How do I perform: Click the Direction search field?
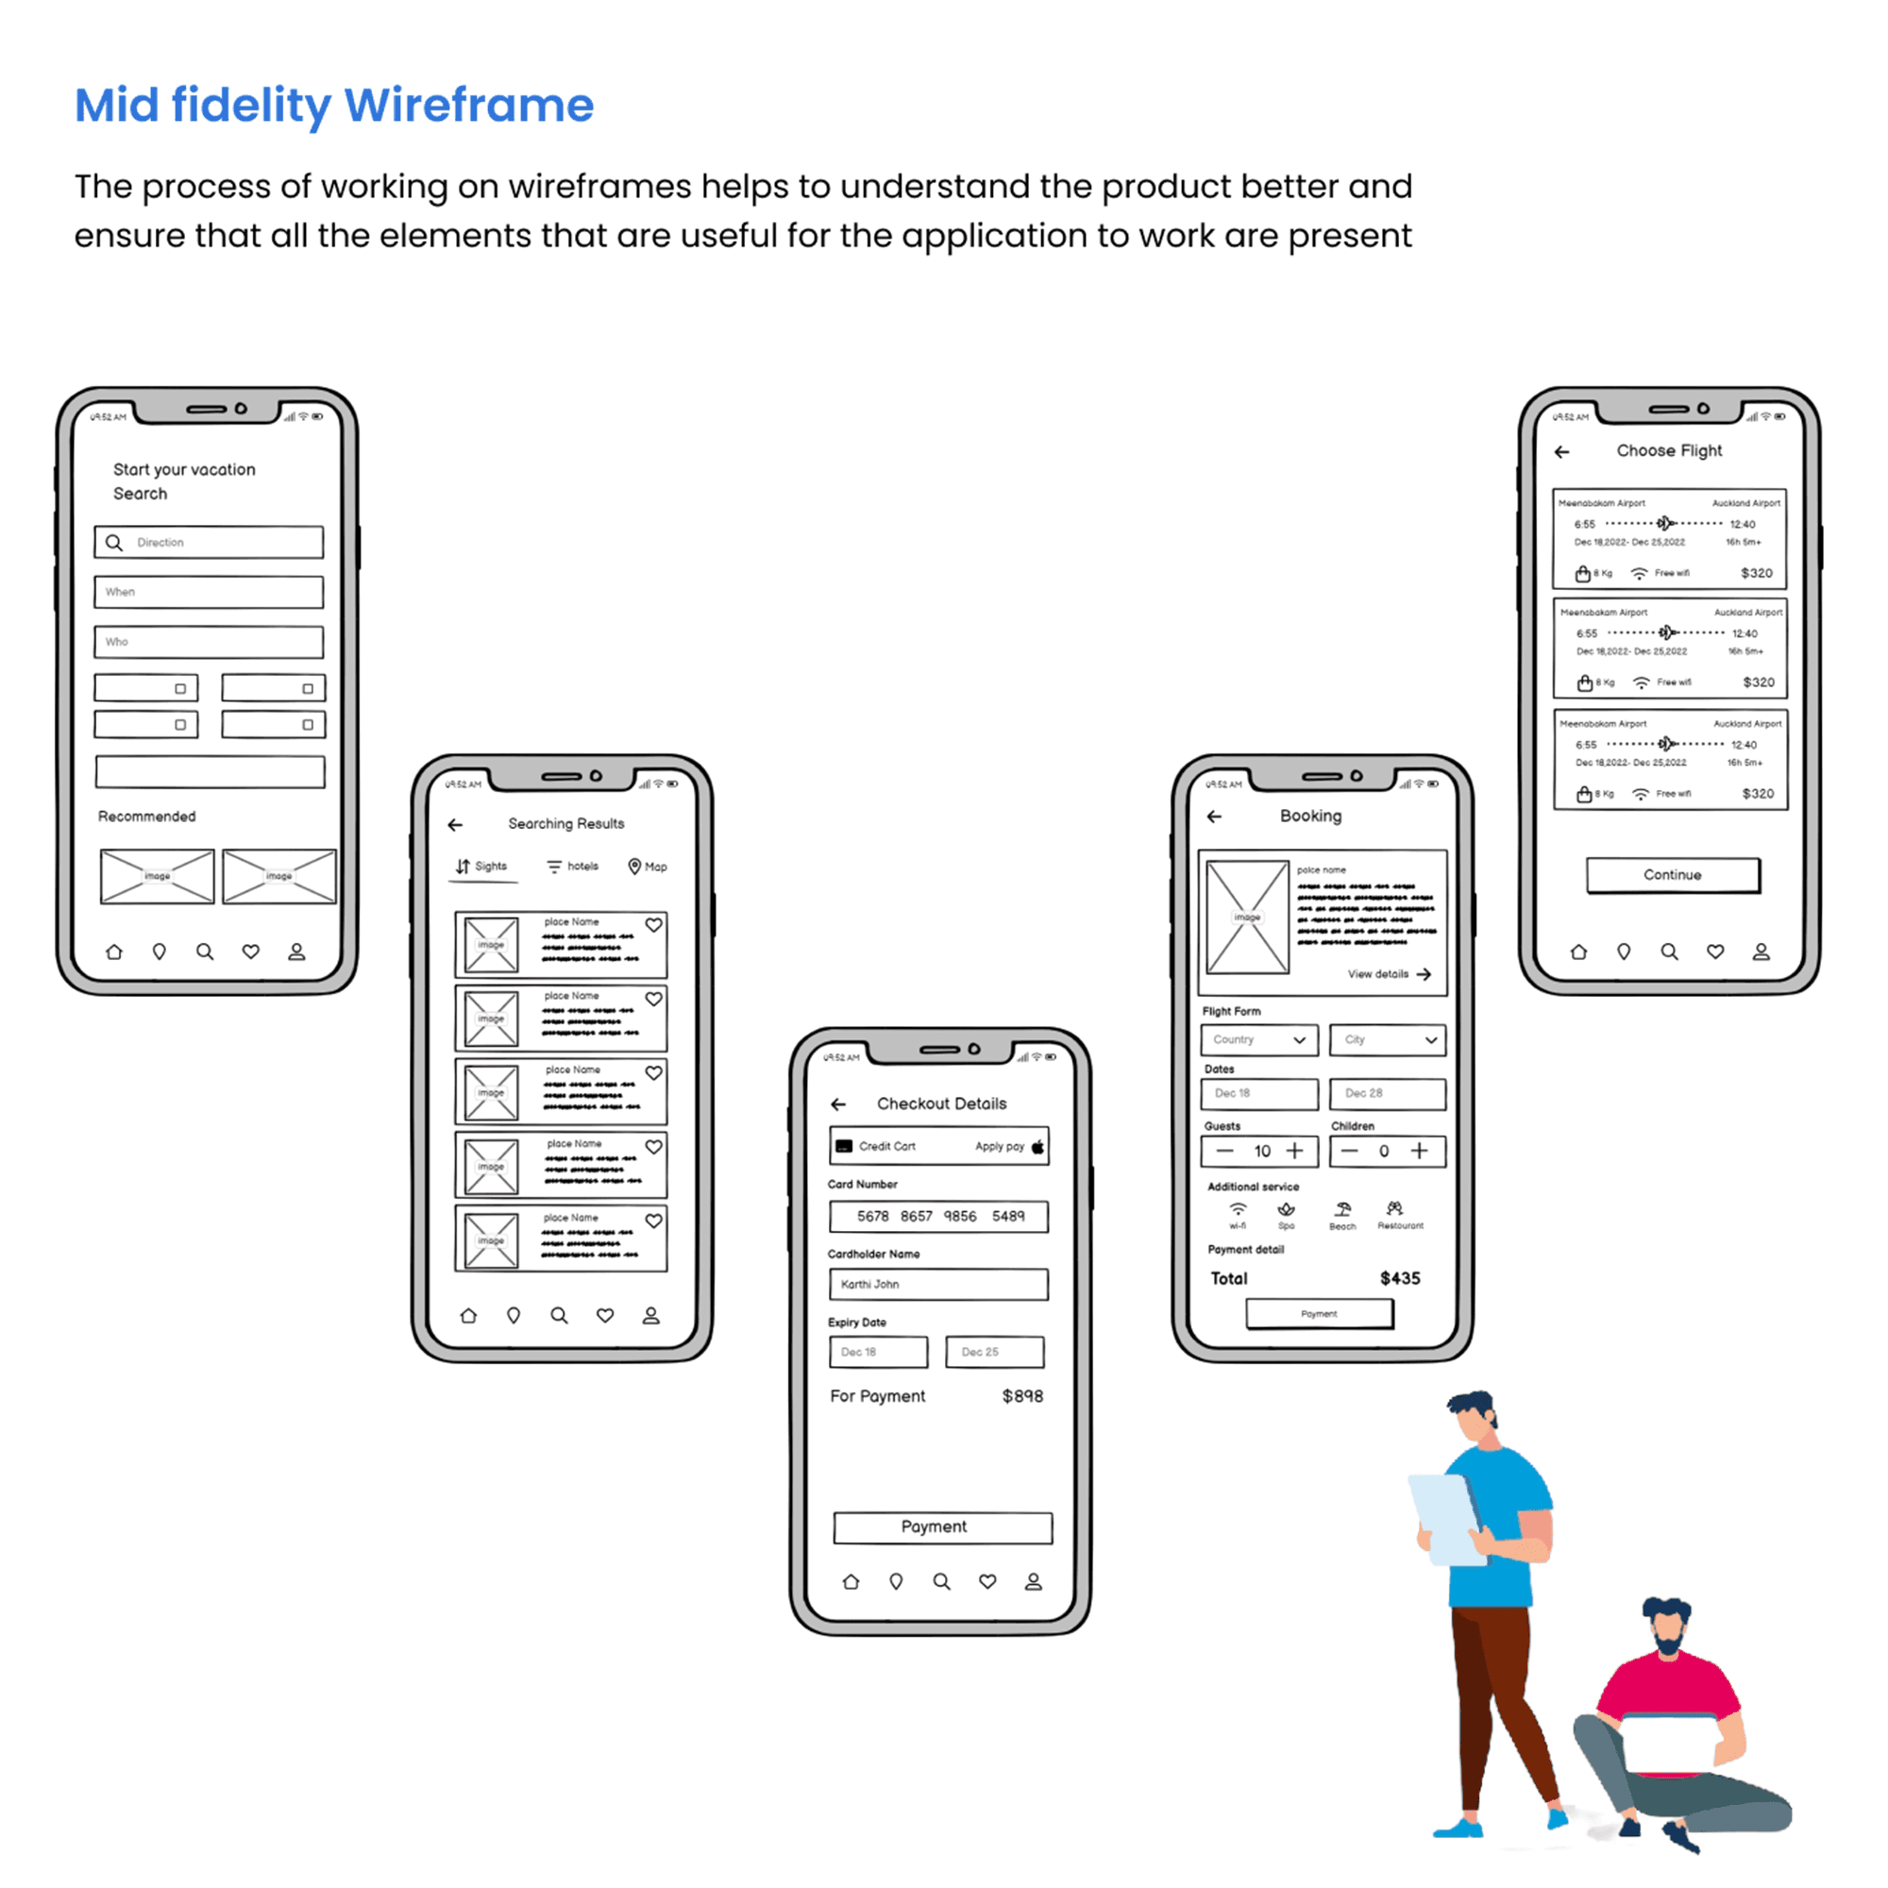(210, 543)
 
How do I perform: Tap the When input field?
(210, 592)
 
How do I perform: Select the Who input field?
(210, 642)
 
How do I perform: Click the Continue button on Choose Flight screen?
(1672, 875)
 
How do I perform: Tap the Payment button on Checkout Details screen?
(942, 1527)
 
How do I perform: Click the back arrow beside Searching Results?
(455, 825)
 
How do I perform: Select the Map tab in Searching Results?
(648, 867)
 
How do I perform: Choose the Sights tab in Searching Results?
(481, 867)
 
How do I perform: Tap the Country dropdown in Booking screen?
(1258, 1039)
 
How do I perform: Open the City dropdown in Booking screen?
(1387, 1039)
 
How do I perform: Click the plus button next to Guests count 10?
(1295, 1151)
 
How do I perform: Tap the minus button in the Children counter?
(1350, 1151)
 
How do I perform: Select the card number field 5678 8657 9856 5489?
(939, 1217)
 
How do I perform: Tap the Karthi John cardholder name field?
(939, 1284)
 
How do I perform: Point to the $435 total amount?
(1399, 1278)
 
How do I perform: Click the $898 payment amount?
(1022, 1396)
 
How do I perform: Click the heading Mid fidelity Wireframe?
(334, 105)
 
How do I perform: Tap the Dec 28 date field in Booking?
(1387, 1093)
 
